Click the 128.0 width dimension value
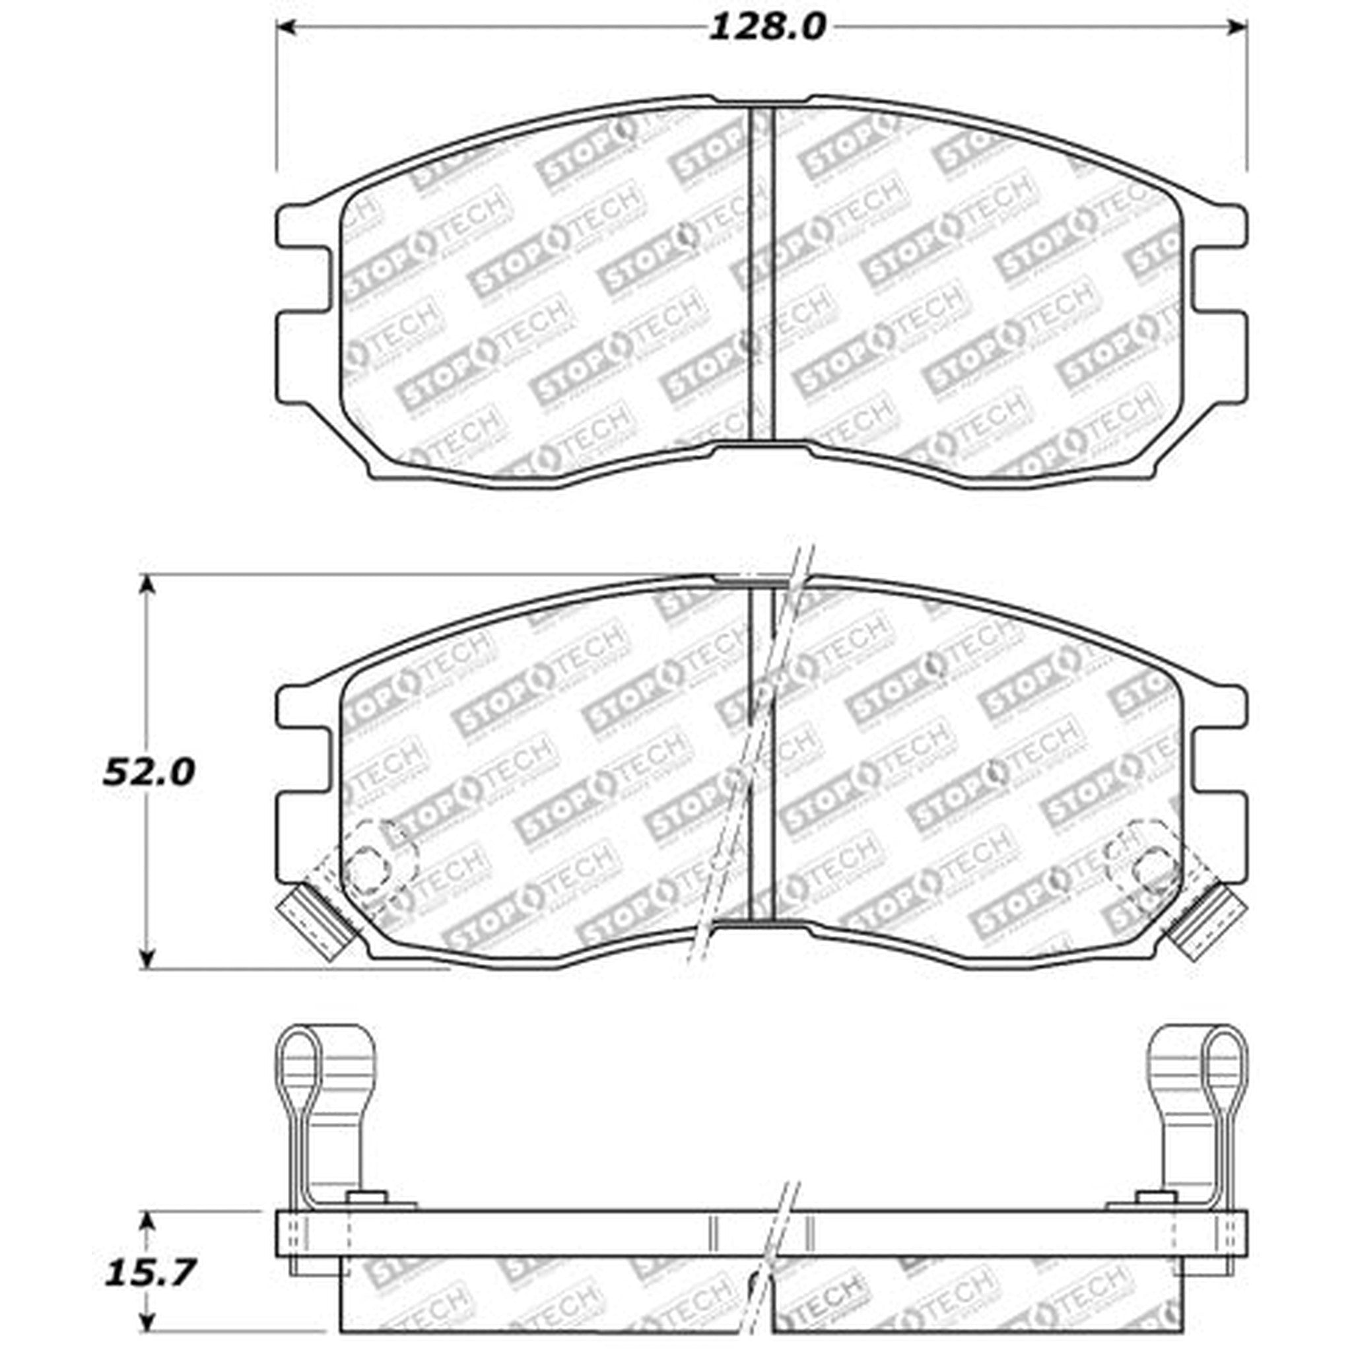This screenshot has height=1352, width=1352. coord(768,28)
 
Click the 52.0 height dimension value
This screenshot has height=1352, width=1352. coord(149,772)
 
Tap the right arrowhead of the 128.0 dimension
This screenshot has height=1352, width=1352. coord(1237,28)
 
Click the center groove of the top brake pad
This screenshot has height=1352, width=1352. coord(761,273)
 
